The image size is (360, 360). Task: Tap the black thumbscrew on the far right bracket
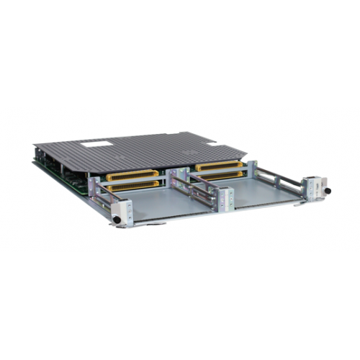coord(326,191)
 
